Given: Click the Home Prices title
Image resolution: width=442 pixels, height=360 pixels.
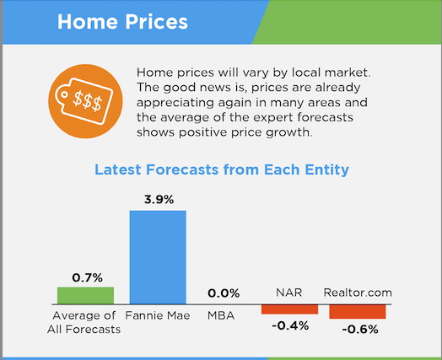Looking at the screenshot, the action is pos(122,22).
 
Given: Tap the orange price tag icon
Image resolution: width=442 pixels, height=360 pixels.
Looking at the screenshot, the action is pos(85,101).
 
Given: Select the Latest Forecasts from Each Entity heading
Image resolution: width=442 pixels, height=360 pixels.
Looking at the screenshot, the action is pos(222,169).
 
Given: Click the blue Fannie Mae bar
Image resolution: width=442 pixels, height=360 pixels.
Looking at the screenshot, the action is pos(158,257).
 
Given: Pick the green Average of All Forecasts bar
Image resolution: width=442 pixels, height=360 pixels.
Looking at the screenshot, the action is pos(85,295).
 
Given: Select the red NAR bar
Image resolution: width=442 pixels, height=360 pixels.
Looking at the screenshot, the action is pos(289,309).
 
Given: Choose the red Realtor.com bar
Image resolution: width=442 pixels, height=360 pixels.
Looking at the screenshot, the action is pos(358,312).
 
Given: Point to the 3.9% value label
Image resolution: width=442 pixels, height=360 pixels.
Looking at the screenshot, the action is pos(159,200).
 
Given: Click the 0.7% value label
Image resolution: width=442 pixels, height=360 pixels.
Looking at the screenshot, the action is pos(87,277).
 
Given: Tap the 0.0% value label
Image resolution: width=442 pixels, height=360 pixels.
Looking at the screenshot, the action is pos(224,293).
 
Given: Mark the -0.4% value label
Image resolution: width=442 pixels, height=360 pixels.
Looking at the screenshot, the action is pos(290,326).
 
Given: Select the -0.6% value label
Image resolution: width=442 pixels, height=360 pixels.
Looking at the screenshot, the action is pos(360,330).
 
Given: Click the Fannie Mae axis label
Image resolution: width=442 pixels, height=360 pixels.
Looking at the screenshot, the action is pos(158,315).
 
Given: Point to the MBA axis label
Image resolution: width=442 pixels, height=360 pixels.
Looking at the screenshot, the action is pos(221,315).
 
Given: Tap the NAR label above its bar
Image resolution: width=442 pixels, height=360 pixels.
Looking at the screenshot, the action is pos(289,293).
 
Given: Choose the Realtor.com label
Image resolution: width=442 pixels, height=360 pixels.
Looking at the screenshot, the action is pos(358,293).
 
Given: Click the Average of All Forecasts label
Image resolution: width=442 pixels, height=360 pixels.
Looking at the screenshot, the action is pos(84,322).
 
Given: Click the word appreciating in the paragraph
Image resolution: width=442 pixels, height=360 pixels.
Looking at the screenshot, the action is pos(175,103).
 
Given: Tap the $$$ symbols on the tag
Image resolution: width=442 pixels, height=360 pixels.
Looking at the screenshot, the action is pos(87,100).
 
